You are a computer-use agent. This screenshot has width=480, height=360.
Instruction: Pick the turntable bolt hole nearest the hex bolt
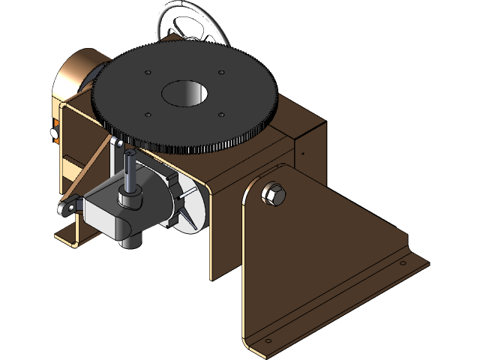[222, 115]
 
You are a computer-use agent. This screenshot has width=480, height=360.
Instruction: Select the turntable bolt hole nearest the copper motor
[148, 73]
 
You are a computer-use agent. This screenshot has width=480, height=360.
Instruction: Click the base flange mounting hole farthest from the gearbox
[402, 262]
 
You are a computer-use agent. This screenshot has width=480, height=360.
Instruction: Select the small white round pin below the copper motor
[53, 133]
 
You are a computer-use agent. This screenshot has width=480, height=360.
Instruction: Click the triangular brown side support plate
[315, 247]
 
